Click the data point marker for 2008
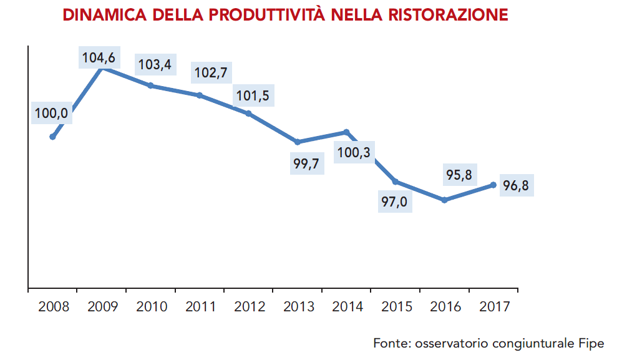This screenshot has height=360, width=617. pyautogui.click(x=52, y=137)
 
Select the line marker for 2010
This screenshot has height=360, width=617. pyautogui.click(x=150, y=85)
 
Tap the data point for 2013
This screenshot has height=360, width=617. pyautogui.click(x=298, y=142)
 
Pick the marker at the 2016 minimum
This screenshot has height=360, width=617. pyautogui.click(x=444, y=200)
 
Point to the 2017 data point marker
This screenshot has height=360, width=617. pyautogui.click(x=493, y=185)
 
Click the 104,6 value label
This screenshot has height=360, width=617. pyautogui.click(x=98, y=59)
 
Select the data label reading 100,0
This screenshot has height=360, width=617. pyautogui.click(x=52, y=114)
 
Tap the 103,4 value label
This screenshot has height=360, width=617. pyautogui.click(x=154, y=64)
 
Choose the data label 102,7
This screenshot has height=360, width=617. pyautogui.click(x=210, y=72)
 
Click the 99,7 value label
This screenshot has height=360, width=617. pyautogui.click(x=308, y=164)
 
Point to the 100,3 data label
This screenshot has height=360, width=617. pyautogui.click(x=352, y=153)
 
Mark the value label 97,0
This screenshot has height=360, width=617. pyautogui.click(x=395, y=202)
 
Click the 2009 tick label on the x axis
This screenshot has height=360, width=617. pyautogui.click(x=102, y=307)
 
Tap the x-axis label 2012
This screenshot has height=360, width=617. pyautogui.click(x=249, y=307)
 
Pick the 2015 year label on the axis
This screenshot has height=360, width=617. pyautogui.click(x=396, y=307)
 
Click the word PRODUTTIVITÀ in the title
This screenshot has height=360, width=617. pyautogui.click(x=267, y=14)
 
